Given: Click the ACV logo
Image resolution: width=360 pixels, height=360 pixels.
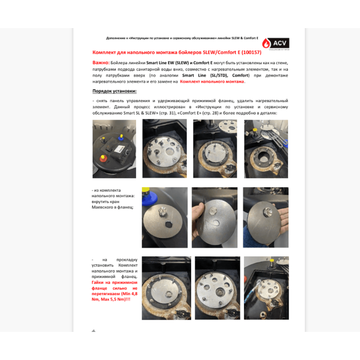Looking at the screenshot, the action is (x=275, y=44).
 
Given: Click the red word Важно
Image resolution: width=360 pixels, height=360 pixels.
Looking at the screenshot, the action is (x=101, y=63).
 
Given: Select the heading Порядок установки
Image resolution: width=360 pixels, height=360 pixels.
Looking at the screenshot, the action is (x=114, y=91).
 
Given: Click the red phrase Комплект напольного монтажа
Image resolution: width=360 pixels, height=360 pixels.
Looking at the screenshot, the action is (x=212, y=81).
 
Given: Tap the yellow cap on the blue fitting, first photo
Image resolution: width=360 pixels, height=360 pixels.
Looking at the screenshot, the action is (x=121, y=136).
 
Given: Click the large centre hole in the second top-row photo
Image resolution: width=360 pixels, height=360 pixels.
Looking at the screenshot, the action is (x=170, y=152).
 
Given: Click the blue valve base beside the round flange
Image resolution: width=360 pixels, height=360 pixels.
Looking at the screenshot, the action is (x=149, y=198).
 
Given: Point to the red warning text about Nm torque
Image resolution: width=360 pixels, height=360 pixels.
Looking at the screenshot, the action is (x=114, y=291).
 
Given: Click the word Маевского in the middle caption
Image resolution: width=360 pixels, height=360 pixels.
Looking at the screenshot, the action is (x=102, y=207).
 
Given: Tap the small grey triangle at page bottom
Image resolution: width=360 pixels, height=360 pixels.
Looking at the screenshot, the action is (x=94, y=330).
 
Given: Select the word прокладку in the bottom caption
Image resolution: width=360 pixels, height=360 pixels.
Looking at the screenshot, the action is (x=127, y=260).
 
